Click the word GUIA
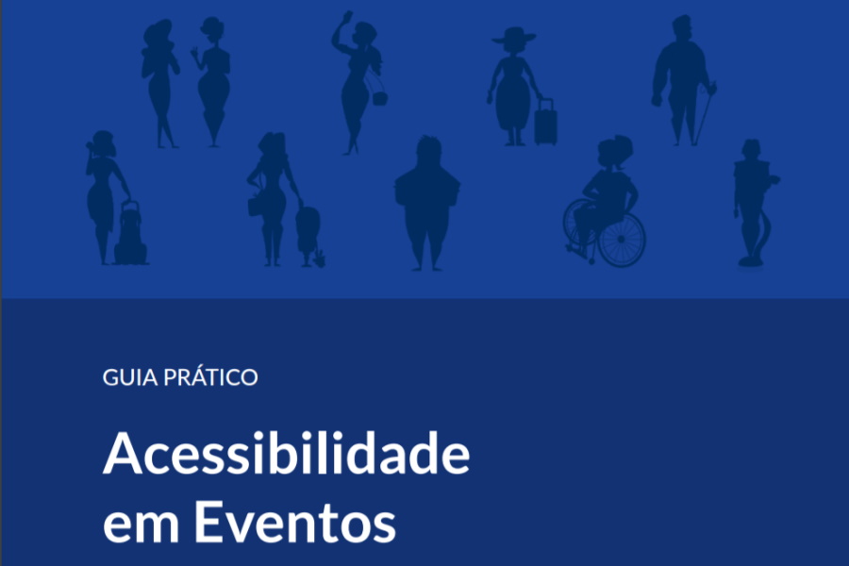click(x=129, y=377)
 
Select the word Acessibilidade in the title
click(x=287, y=453)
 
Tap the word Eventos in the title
click(x=295, y=522)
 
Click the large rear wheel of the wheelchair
click(x=622, y=240)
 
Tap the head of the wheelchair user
click(x=614, y=152)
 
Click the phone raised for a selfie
click(x=347, y=16)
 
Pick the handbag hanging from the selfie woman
click(x=379, y=98)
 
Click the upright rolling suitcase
click(x=545, y=124)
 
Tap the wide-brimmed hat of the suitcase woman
click(x=514, y=36)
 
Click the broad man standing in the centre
click(x=427, y=203)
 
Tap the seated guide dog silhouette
click(x=130, y=234)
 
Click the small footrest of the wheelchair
click(x=575, y=250)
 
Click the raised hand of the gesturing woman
click(x=195, y=52)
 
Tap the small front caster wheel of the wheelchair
click(x=591, y=260)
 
